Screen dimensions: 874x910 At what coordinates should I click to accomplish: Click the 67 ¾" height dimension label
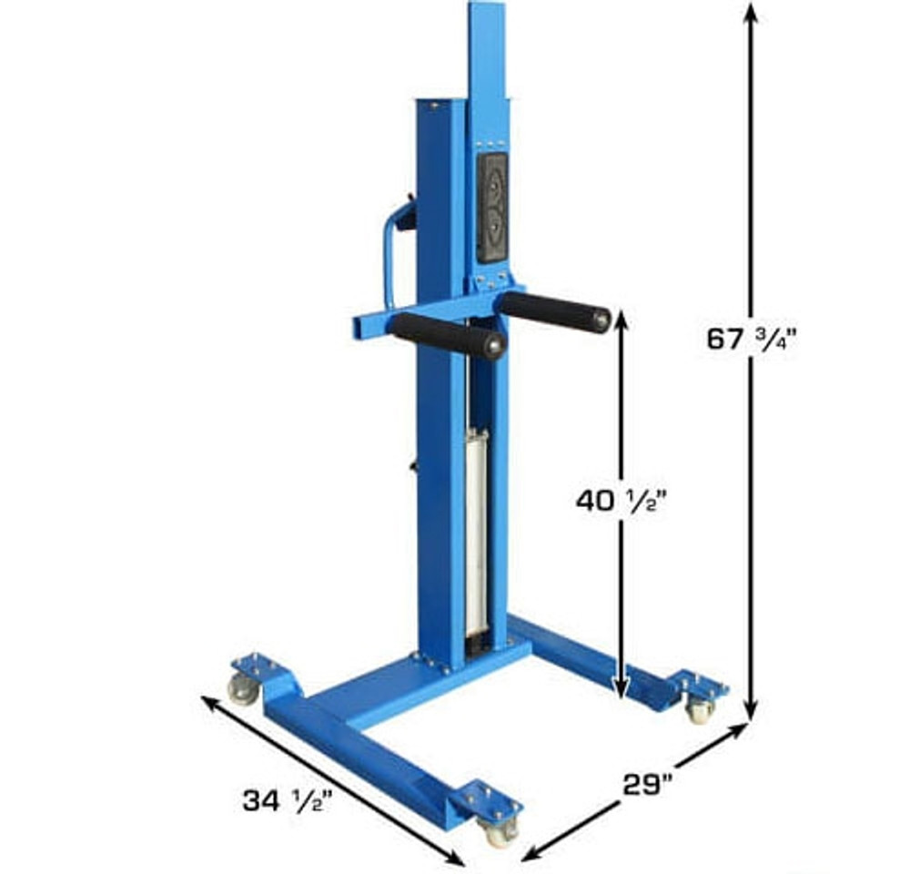[x=752, y=339]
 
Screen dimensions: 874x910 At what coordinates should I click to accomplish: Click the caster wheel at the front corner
[x=499, y=830]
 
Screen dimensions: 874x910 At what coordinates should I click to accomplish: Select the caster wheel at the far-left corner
[x=243, y=689]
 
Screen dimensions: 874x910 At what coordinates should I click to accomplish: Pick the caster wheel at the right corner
[x=699, y=709]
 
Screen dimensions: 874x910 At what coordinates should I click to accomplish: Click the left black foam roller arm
[x=446, y=334]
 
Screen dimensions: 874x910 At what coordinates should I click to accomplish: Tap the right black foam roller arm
[x=553, y=310]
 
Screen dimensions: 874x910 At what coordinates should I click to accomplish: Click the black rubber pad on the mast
[x=492, y=207]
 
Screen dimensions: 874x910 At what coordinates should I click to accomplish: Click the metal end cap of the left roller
[x=494, y=346]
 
